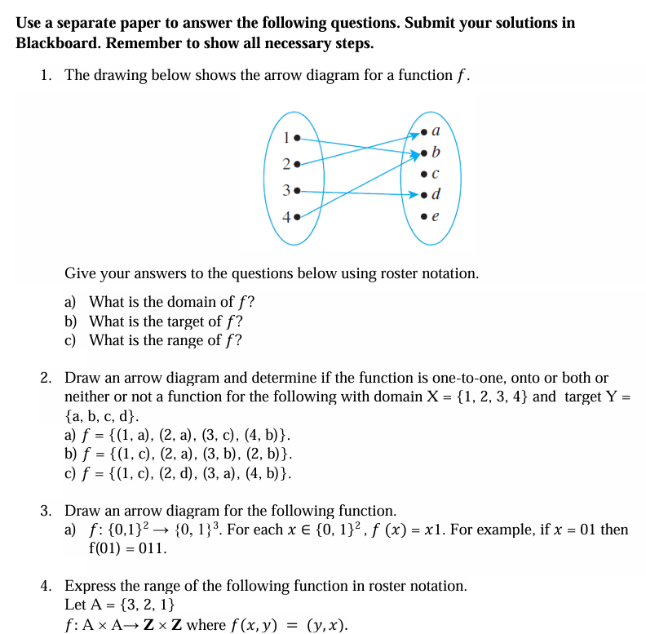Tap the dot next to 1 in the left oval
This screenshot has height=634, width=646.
[298, 137]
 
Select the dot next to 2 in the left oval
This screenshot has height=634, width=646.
[298, 164]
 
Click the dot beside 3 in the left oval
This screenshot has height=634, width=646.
[298, 191]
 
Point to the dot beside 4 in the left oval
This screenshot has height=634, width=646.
[298, 218]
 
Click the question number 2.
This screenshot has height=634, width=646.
[46, 378]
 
